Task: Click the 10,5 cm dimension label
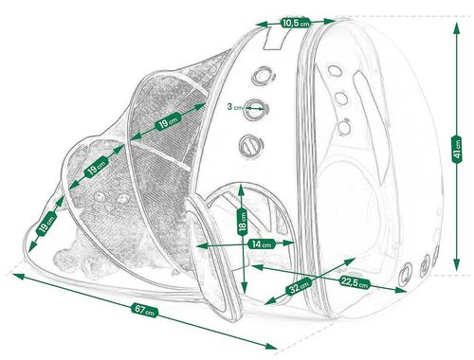296,23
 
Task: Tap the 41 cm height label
456,150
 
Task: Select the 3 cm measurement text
234,107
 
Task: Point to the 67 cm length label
144,310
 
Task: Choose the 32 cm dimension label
299,285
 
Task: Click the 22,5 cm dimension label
355,281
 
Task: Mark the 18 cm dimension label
243,221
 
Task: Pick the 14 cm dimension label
262,243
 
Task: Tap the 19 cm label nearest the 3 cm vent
168,121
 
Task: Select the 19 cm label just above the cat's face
97,168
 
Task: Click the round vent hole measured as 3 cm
255,109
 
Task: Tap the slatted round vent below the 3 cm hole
250,145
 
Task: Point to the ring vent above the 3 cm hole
263,76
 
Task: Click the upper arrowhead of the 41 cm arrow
456,27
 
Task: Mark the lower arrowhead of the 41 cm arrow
456,265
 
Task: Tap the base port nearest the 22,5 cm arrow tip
406,273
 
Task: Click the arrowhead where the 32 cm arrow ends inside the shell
350,261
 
